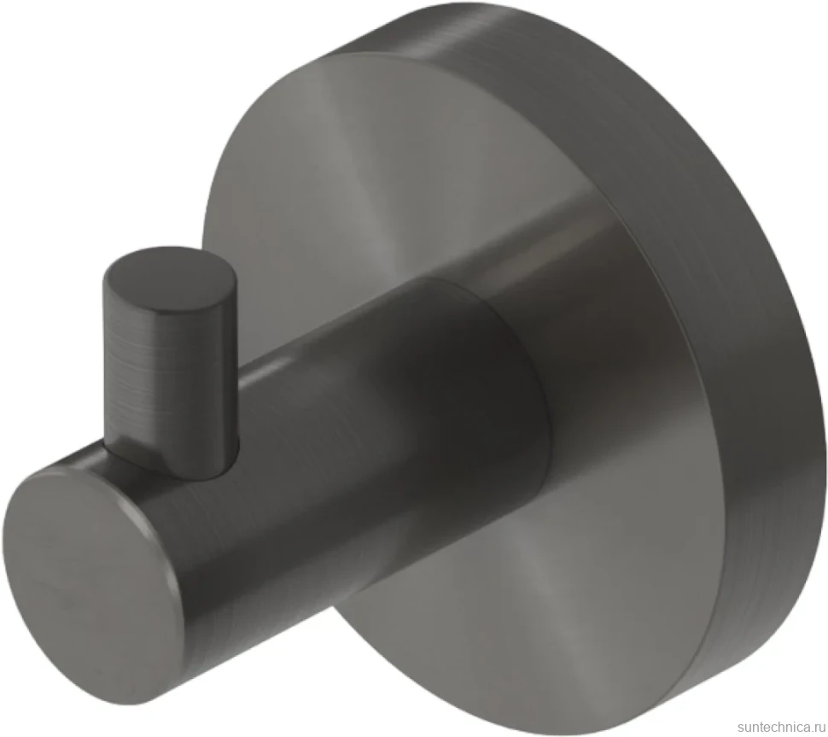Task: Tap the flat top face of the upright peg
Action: pos(169,276)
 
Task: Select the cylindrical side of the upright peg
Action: pos(169,380)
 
